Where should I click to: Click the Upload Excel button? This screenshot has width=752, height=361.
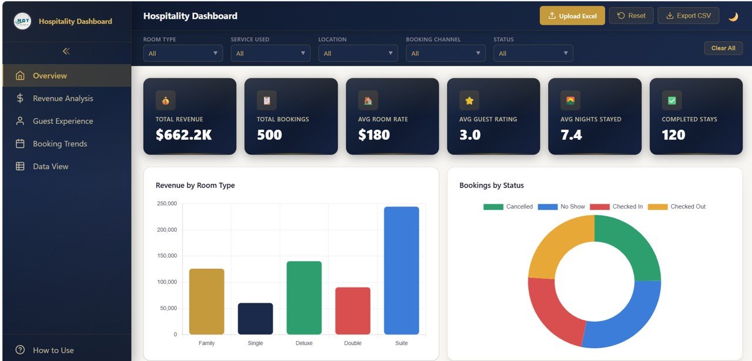572,16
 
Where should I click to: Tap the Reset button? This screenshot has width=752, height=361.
631,16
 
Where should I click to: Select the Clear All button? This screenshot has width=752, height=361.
723,48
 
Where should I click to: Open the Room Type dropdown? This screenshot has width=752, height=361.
183,54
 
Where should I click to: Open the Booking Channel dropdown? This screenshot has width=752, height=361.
445,54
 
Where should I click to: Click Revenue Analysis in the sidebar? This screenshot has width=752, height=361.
63,98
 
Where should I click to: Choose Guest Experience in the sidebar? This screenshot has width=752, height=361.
63,121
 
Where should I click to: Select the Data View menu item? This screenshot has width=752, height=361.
51,166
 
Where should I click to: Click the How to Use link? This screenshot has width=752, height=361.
53,350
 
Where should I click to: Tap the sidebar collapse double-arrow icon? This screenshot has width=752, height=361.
66,51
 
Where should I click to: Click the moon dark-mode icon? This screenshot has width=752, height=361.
733,16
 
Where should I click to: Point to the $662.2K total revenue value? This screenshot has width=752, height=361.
183,135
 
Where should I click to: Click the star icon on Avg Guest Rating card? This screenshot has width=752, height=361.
469,101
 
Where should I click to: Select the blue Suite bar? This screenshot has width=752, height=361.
401,270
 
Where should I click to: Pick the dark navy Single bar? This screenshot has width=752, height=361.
255,319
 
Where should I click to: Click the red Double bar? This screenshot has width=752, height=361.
352,311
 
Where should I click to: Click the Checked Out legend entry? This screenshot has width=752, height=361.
676,206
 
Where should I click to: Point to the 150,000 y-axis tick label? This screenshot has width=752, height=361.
167,256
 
